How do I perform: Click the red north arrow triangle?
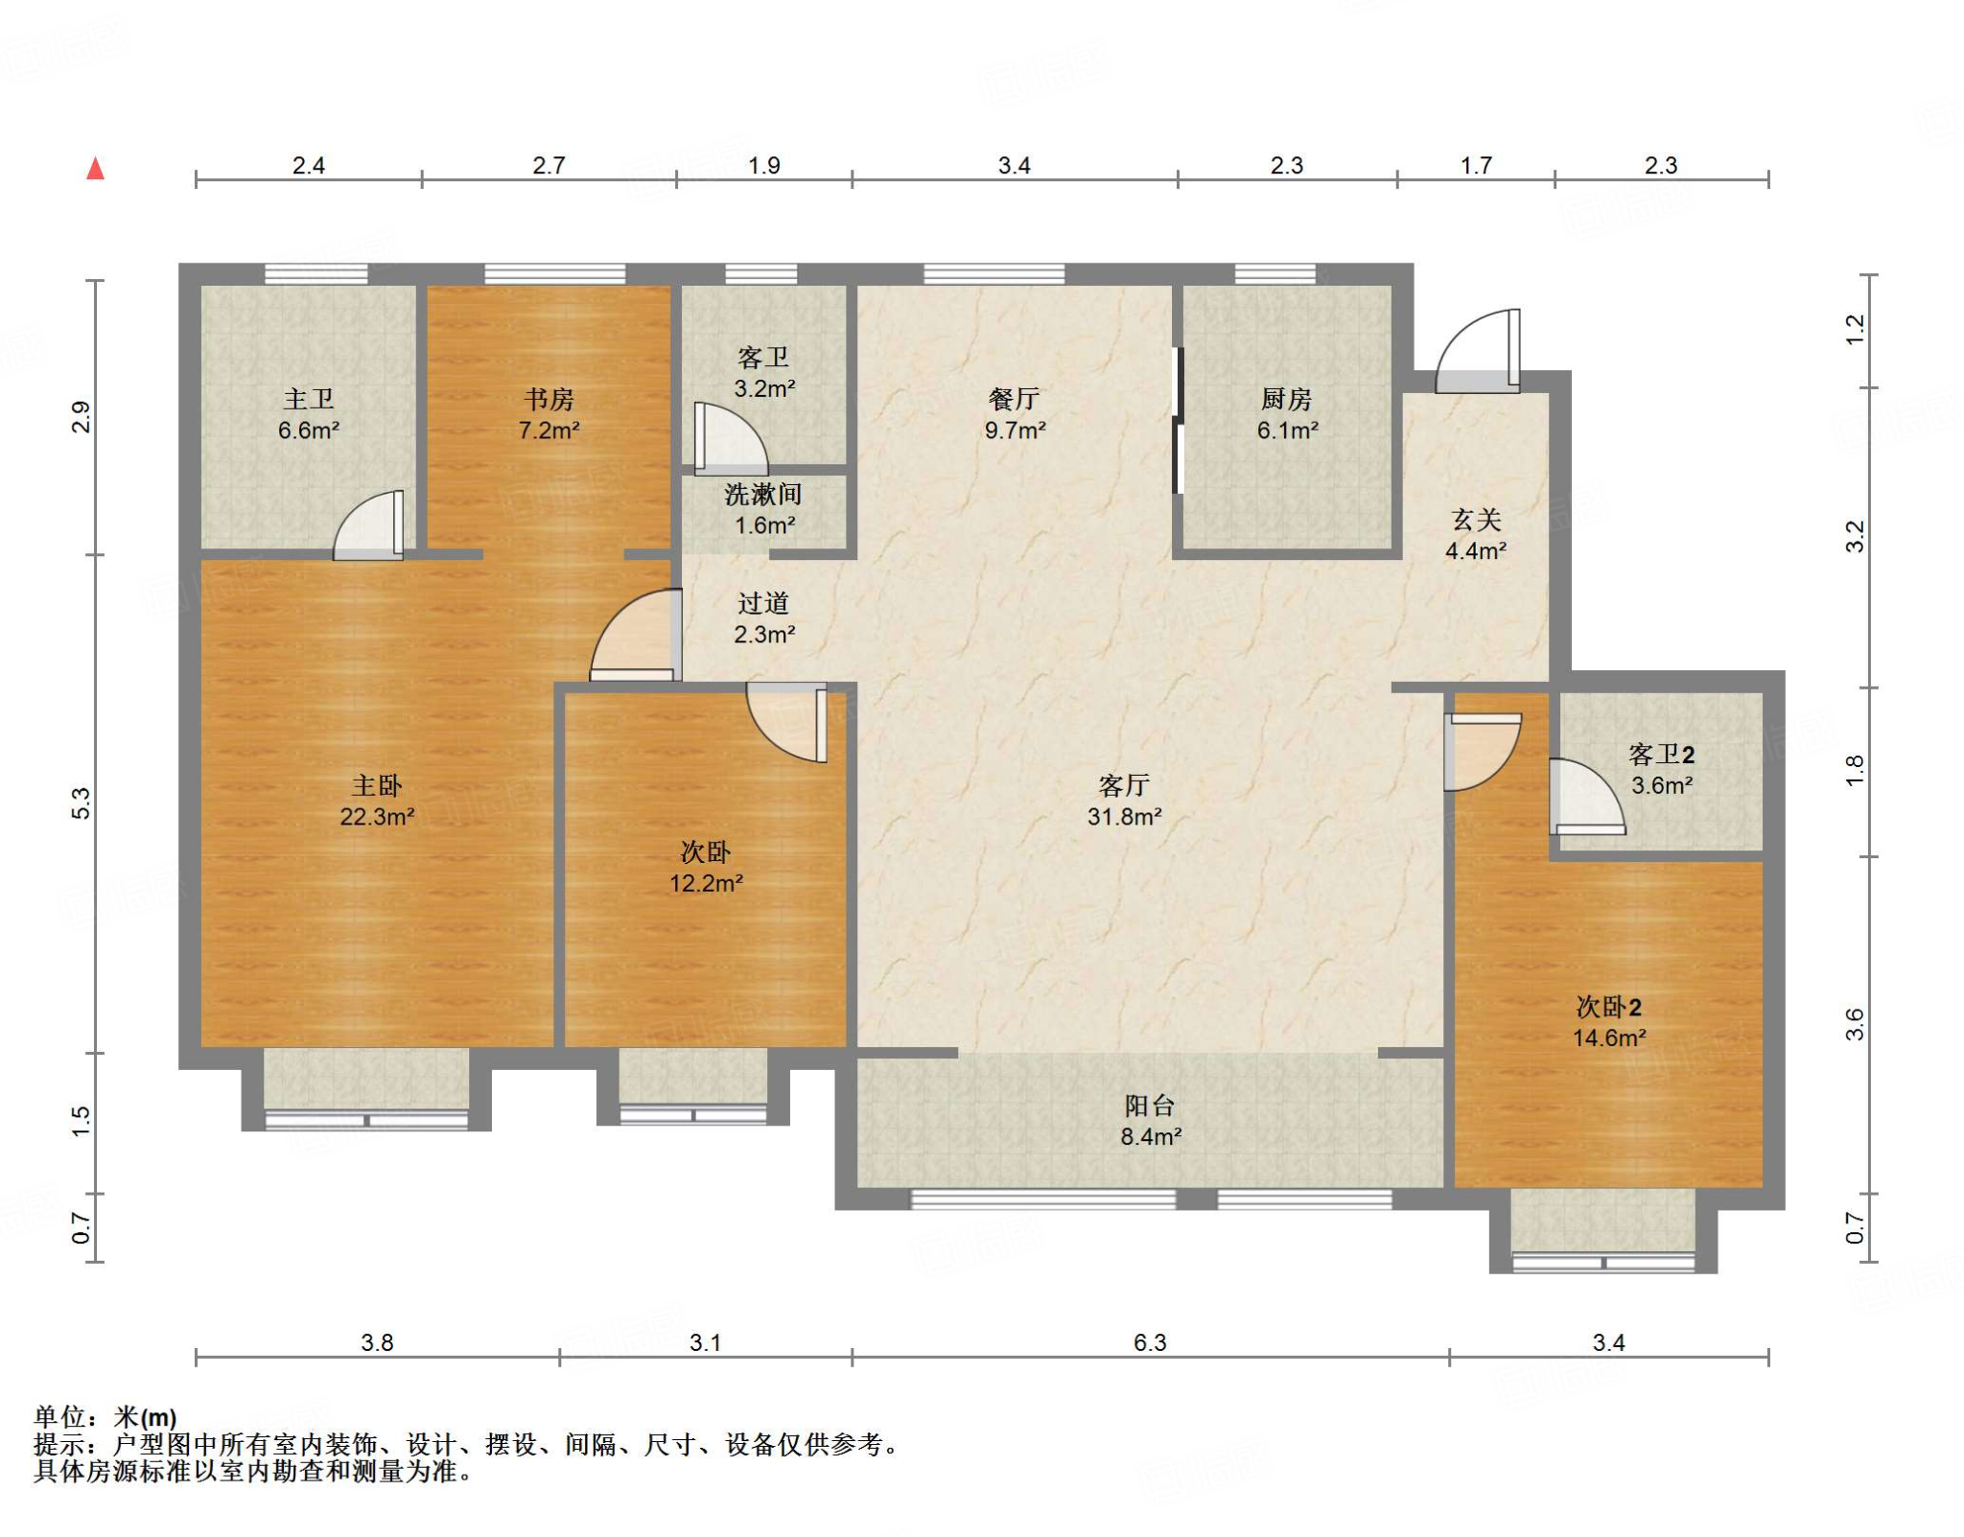[95, 169]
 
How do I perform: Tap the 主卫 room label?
[309, 399]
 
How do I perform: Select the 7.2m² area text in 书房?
[549, 431]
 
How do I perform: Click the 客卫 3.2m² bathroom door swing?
[730, 438]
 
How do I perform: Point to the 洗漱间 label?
[763, 495]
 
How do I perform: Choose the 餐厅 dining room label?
[1015, 399]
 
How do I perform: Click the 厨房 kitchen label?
[1286, 399]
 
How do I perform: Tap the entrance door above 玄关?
[1478, 351]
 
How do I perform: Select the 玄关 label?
[1476, 520]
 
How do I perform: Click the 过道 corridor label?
[763, 603]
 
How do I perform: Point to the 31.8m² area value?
[1124, 817]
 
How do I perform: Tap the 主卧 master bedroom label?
[377, 786]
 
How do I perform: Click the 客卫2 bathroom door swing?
[1587, 797]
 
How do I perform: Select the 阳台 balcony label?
[1150, 1106]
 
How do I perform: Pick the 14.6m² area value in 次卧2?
[1609, 1038]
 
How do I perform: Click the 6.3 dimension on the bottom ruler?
[1150, 1342]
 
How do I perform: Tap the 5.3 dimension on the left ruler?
[82, 803]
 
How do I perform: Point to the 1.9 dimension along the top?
[764, 165]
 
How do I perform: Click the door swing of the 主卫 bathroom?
[368, 525]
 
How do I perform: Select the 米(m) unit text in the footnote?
[146, 1417]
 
